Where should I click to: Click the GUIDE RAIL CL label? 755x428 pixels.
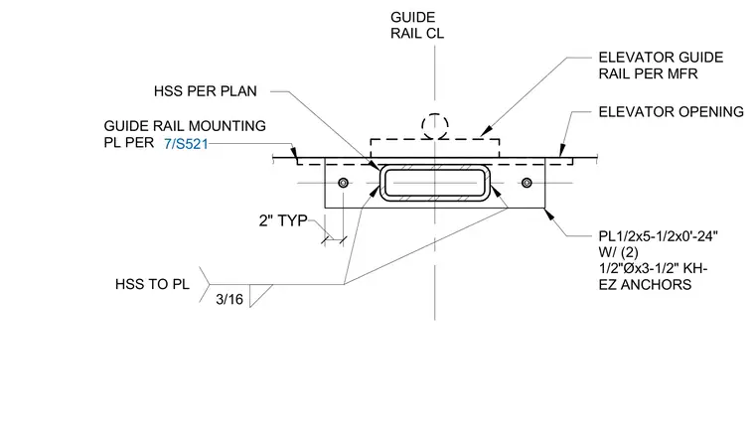tap(417, 25)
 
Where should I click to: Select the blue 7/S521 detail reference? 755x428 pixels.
tap(186, 144)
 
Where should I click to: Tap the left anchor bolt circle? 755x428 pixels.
tap(344, 183)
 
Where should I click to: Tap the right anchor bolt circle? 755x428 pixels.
tap(527, 183)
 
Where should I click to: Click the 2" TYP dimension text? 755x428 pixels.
tap(283, 220)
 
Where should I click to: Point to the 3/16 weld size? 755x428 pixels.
tap(229, 300)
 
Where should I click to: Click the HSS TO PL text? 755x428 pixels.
tap(152, 284)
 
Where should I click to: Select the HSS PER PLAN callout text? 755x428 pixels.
tap(205, 91)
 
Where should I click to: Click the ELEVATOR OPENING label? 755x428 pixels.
tap(672, 111)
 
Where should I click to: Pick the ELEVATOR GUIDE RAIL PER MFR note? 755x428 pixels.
tap(661, 66)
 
